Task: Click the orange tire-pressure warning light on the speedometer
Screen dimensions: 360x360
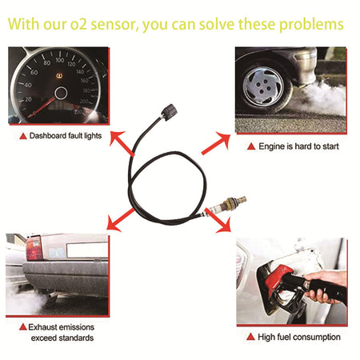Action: coord(59,76)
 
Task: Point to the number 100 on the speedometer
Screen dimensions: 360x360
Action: coord(60,60)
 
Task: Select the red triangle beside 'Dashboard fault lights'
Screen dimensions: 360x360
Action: coord(23,136)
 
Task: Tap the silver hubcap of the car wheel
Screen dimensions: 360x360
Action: coord(263,86)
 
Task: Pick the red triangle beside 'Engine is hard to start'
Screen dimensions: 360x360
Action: coord(251,146)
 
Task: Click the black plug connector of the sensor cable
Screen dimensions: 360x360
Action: coord(169,112)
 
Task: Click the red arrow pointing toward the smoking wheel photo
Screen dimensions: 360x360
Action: coord(216,143)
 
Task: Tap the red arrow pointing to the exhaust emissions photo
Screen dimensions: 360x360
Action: coord(120,220)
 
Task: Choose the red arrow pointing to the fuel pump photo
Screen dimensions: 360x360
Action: coord(218,220)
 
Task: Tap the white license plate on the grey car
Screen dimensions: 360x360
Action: coord(87,250)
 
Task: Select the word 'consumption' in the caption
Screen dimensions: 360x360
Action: coord(318,338)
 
